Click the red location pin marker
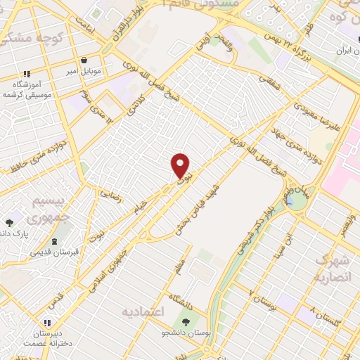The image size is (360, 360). click(181, 166)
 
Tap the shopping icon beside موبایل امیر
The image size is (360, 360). click(84, 60)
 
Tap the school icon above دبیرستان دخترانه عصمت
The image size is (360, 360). click(49, 304)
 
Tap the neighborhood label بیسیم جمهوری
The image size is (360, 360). click(50, 209)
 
